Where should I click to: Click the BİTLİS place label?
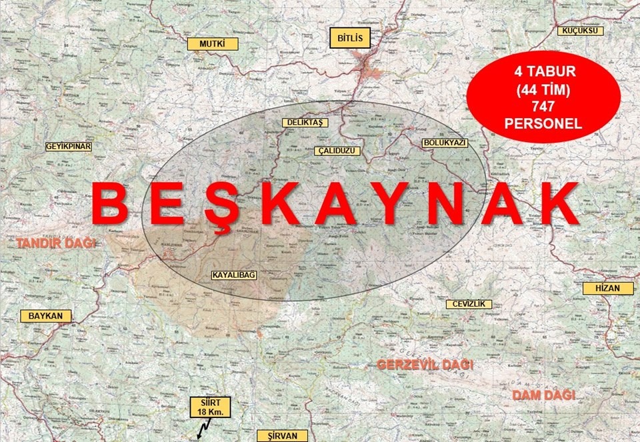[350, 38]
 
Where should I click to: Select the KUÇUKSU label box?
[582, 31]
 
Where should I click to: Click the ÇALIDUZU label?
[337, 151]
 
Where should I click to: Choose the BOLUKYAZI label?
[445, 143]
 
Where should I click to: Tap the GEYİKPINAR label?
[68, 146]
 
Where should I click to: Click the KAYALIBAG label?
[234, 275]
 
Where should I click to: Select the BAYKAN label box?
[45, 315]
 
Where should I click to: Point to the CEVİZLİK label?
[469, 304]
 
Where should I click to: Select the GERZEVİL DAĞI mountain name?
[425, 365]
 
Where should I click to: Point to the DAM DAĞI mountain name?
[543, 395]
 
